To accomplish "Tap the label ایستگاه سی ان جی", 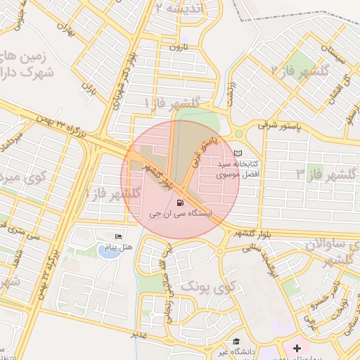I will pyautogui.click(x=181, y=213).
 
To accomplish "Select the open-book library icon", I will pyautogui.click(x=238, y=153).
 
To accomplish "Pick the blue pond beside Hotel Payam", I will pyautogui.click(x=108, y=252).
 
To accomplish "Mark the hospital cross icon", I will pyautogui.click(x=297, y=347).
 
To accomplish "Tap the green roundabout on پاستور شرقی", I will pyautogui.click(x=239, y=133).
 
